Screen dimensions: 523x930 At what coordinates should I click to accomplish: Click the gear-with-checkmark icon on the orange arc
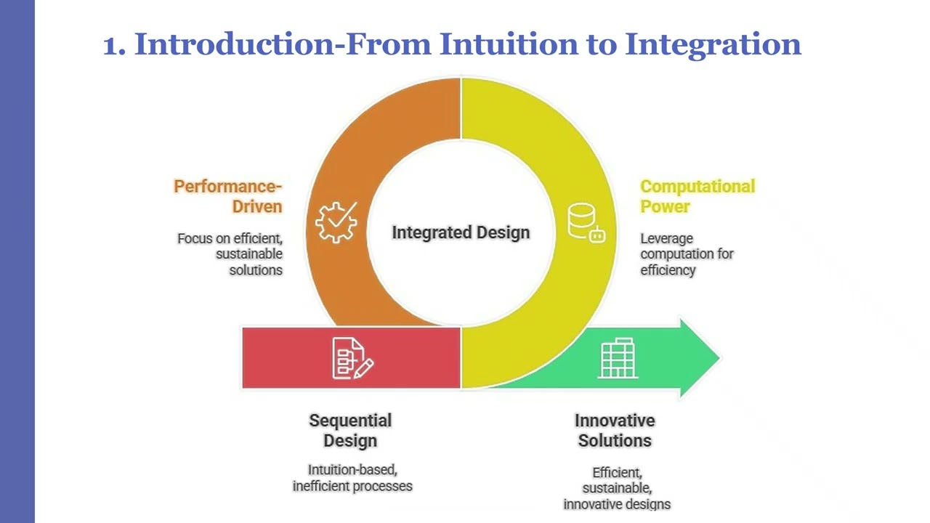tap(336, 222)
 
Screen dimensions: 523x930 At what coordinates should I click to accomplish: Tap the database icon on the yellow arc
tap(586, 222)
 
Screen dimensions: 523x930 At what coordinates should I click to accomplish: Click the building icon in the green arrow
tap(618, 358)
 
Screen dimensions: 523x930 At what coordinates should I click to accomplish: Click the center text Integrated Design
tap(461, 232)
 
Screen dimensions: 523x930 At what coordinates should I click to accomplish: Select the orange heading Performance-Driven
tap(228, 196)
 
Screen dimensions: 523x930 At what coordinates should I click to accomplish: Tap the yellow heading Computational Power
tap(696, 196)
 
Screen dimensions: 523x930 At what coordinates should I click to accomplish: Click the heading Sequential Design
tap(350, 430)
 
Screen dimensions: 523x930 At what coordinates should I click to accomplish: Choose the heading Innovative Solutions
tap(615, 430)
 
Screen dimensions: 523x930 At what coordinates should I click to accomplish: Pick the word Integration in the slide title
tap(713, 44)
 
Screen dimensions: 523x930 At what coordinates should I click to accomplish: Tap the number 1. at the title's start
tap(115, 44)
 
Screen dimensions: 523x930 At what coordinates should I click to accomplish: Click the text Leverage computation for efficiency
tap(687, 254)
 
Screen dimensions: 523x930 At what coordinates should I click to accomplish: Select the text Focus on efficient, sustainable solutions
tap(231, 254)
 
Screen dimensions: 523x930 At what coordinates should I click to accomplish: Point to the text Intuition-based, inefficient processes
tap(352, 478)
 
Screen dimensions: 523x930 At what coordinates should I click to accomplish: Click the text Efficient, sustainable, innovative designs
tap(616, 488)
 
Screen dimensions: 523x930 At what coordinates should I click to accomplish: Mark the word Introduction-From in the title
tap(286, 44)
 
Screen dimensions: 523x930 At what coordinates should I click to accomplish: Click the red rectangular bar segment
tap(283, 358)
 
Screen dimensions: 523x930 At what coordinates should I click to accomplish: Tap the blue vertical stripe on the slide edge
tap(17, 261)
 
